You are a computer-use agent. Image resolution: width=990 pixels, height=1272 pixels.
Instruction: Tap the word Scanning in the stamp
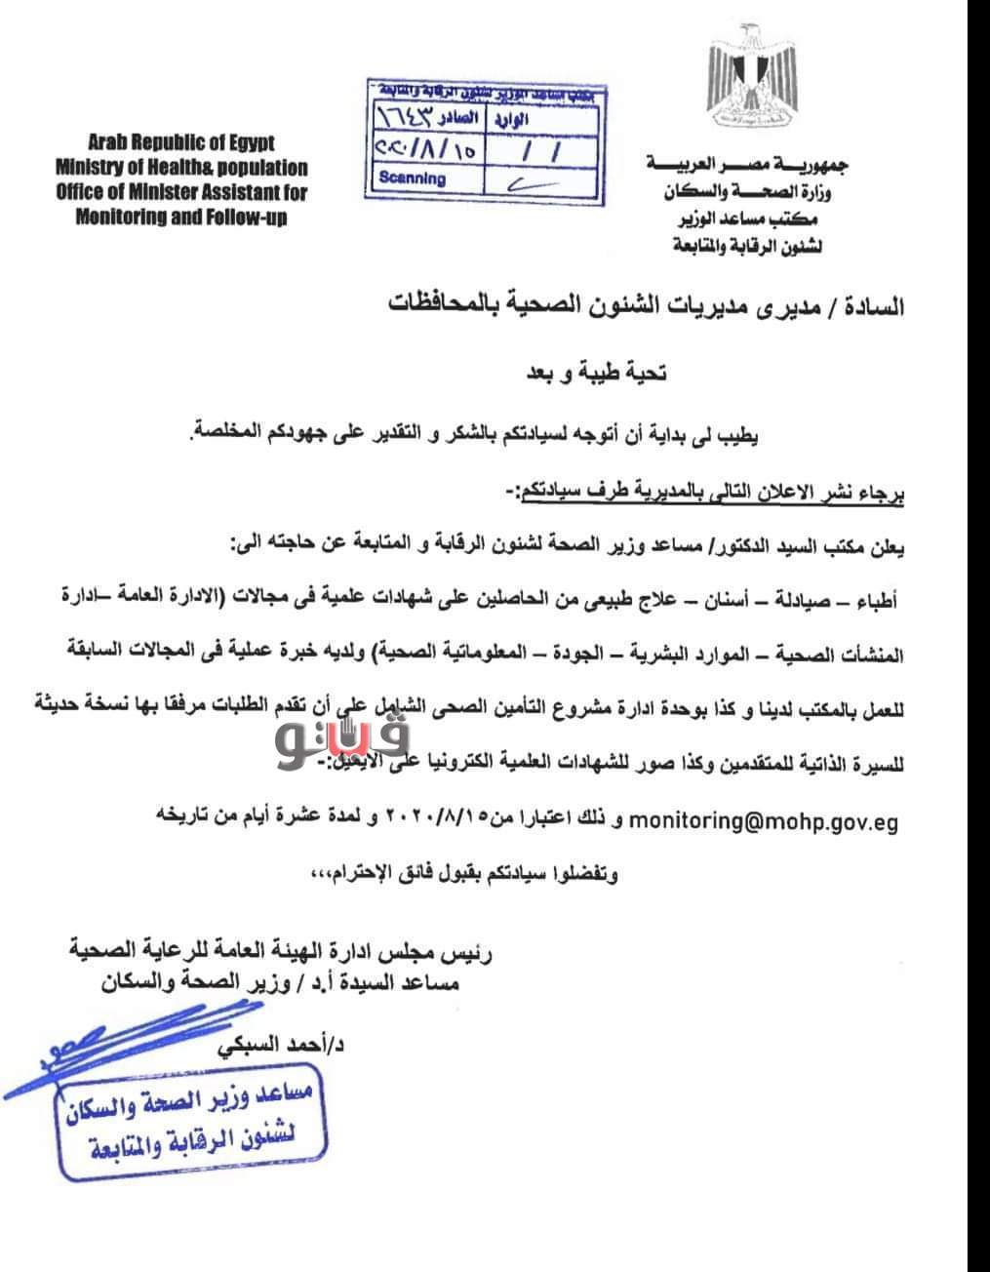pyautogui.click(x=412, y=179)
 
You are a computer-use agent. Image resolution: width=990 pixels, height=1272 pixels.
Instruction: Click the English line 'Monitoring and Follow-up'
pyautogui.click(x=181, y=218)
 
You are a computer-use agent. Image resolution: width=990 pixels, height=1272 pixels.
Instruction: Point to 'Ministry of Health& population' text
pyautogui.click(x=181, y=168)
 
